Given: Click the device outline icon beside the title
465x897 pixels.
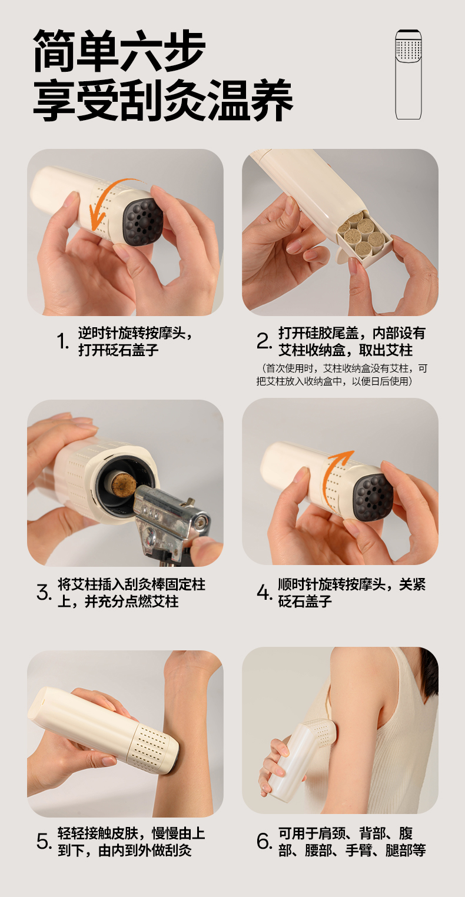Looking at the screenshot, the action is [408, 75].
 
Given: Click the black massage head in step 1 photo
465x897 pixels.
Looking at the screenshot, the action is [143, 222].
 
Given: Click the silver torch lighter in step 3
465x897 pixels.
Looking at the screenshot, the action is [172, 520].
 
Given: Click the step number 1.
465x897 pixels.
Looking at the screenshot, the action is [63, 341].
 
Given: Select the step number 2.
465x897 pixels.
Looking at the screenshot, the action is [264, 341].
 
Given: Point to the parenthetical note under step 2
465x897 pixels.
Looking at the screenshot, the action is [341, 374].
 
